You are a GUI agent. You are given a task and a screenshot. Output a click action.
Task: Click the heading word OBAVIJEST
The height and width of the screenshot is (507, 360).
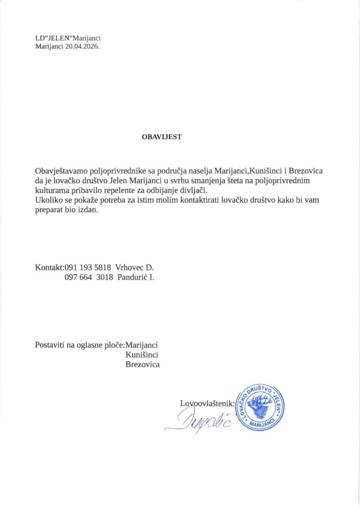[161, 137]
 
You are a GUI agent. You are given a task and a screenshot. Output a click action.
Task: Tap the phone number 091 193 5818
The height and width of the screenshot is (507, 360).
[88, 268]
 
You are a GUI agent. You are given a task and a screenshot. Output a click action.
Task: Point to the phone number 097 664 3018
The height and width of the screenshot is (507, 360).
[88, 278]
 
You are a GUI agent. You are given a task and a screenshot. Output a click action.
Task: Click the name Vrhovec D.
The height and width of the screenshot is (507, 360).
[135, 268]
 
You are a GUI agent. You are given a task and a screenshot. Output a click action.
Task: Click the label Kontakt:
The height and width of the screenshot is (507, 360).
[50, 268]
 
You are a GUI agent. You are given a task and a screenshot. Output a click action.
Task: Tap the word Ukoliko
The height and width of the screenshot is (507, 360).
[49, 201]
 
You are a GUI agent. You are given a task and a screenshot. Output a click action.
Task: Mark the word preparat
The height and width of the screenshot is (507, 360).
[50, 210]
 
